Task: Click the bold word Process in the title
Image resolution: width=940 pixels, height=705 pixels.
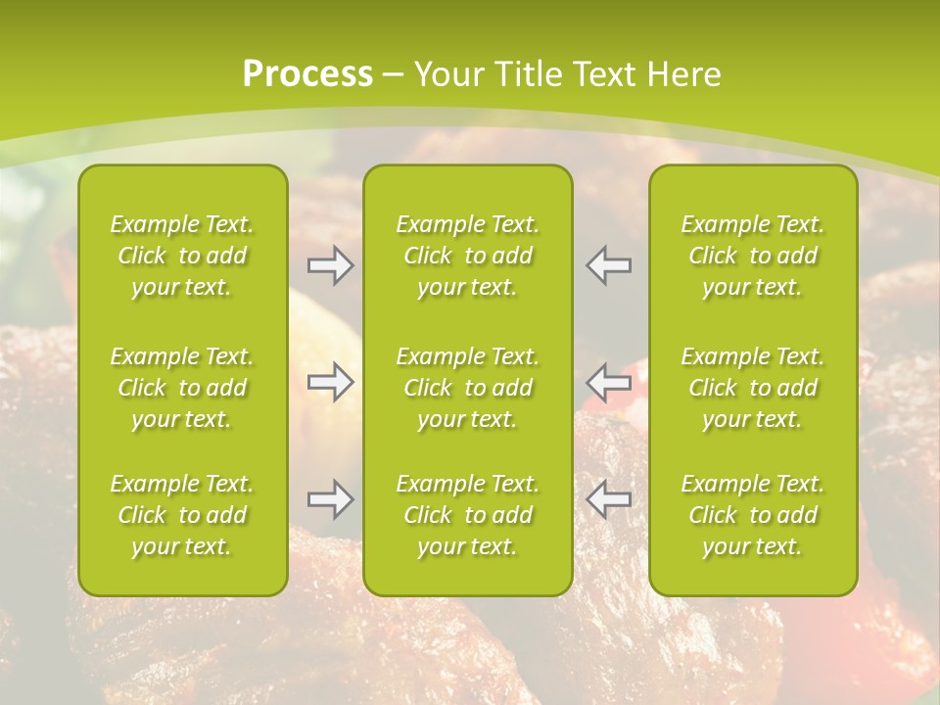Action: coord(307,73)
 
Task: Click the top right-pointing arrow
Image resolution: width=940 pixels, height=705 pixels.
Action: coord(330,265)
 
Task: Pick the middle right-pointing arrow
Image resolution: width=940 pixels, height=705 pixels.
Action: coord(330,381)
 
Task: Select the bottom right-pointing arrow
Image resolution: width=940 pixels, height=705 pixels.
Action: coord(330,499)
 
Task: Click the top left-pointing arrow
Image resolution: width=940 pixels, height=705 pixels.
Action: coord(608,265)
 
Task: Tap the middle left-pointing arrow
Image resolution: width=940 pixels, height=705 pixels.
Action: coord(608,381)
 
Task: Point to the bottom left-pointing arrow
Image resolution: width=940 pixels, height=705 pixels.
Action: coord(608,499)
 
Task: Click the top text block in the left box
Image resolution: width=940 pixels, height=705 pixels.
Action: coord(182,256)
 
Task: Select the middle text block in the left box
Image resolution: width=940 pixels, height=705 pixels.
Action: coord(182,388)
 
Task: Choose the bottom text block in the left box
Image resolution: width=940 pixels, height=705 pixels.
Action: coord(182,515)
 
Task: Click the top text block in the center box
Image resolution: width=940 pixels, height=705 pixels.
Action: coord(467,256)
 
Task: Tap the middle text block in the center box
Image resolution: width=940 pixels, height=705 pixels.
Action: coord(467,388)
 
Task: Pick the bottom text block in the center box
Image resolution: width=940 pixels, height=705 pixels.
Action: coord(467,515)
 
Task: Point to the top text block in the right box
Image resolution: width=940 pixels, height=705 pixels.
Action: coord(752,256)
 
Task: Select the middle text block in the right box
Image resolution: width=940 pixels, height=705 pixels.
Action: coord(752,388)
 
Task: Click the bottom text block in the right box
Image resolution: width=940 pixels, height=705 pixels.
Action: coord(752,515)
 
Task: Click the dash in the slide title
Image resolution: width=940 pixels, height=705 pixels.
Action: coord(393,75)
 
